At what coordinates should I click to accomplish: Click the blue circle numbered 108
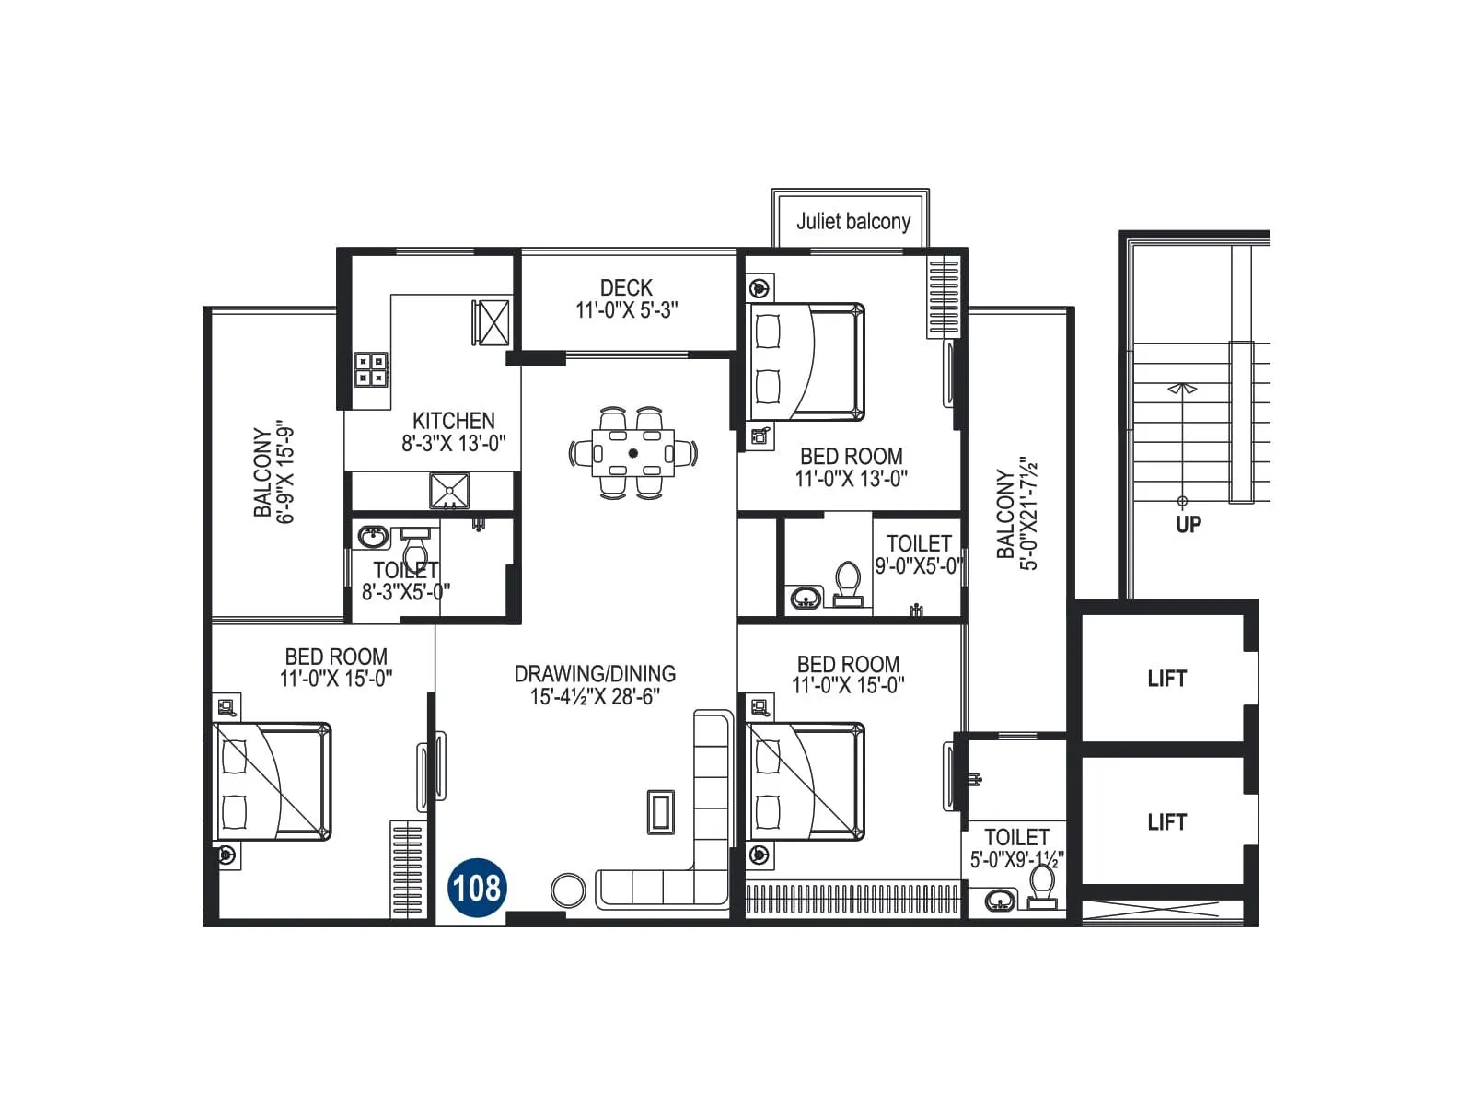coord(477,888)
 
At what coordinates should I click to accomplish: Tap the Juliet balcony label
coord(852,221)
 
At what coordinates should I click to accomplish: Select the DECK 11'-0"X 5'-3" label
coord(626,299)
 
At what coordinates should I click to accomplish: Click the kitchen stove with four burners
coord(372,369)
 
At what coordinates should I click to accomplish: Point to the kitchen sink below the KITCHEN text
coord(449,491)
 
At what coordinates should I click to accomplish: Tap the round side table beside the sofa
coord(568,890)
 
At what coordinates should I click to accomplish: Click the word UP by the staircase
coord(1188,524)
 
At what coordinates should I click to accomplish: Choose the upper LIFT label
coord(1166,679)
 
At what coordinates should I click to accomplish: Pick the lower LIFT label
coord(1166,822)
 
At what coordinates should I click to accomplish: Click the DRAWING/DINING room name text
coord(595,674)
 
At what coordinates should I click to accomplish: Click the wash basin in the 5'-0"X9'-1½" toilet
coord(1000,900)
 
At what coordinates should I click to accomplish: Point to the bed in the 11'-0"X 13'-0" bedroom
coord(808,362)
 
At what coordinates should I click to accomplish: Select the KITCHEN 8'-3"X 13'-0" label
coord(453,432)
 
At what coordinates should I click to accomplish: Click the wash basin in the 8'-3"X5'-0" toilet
coord(373,537)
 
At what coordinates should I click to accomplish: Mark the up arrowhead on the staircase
coord(1182,389)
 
